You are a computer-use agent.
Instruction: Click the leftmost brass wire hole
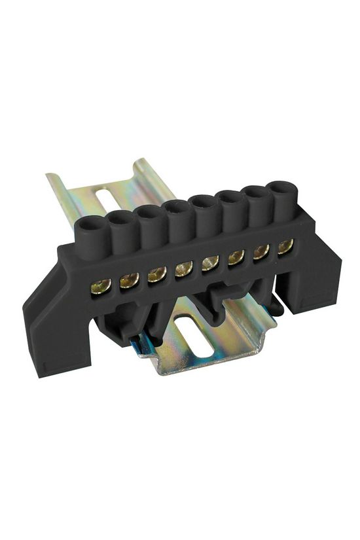(x=100, y=285)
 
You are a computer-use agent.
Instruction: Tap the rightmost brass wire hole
(x=285, y=246)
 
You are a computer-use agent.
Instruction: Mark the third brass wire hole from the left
(x=156, y=274)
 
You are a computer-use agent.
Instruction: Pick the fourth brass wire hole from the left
(x=184, y=268)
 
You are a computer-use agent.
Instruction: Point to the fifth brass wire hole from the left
(x=210, y=262)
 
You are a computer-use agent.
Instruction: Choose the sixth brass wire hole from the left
(x=236, y=257)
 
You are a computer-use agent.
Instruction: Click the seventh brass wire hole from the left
(x=261, y=251)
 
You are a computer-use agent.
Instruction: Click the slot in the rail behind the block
(x=105, y=196)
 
